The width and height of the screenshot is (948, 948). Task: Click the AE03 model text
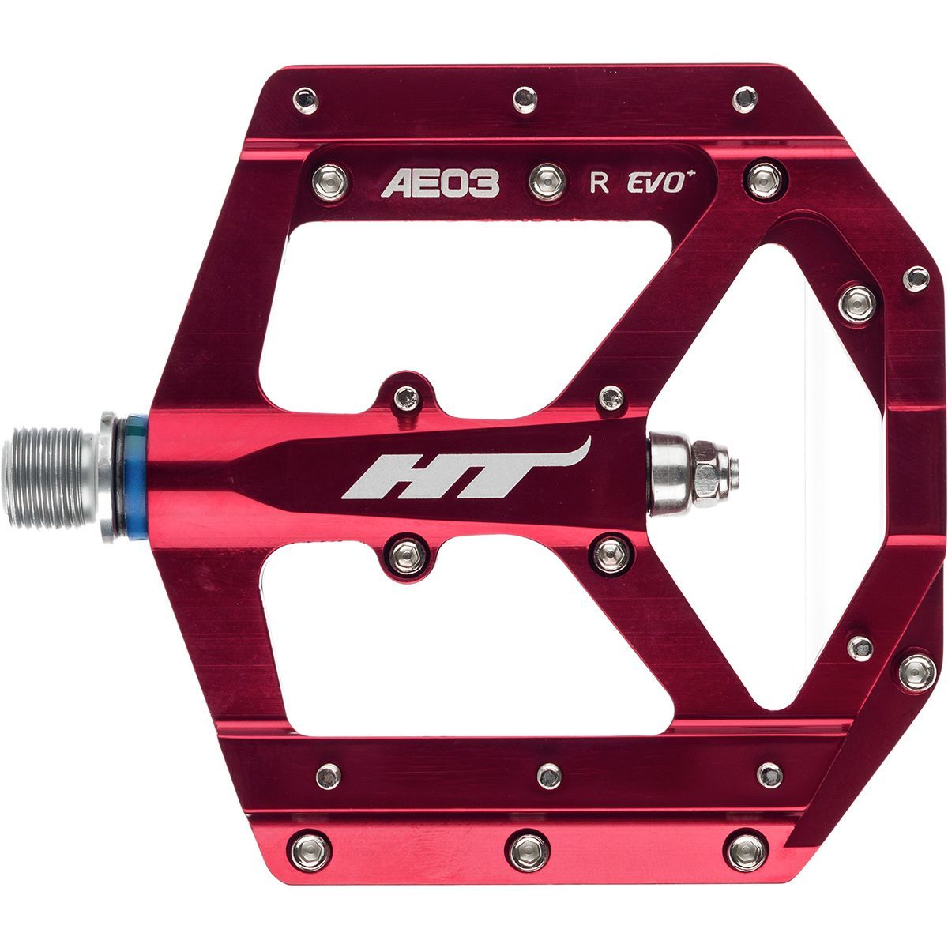[x=441, y=183]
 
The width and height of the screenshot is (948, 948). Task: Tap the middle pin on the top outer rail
[x=522, y=98]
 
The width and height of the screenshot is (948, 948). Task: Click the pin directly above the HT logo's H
[x=405, y=399]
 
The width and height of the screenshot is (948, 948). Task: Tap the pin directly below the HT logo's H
[x=405, y=550]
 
